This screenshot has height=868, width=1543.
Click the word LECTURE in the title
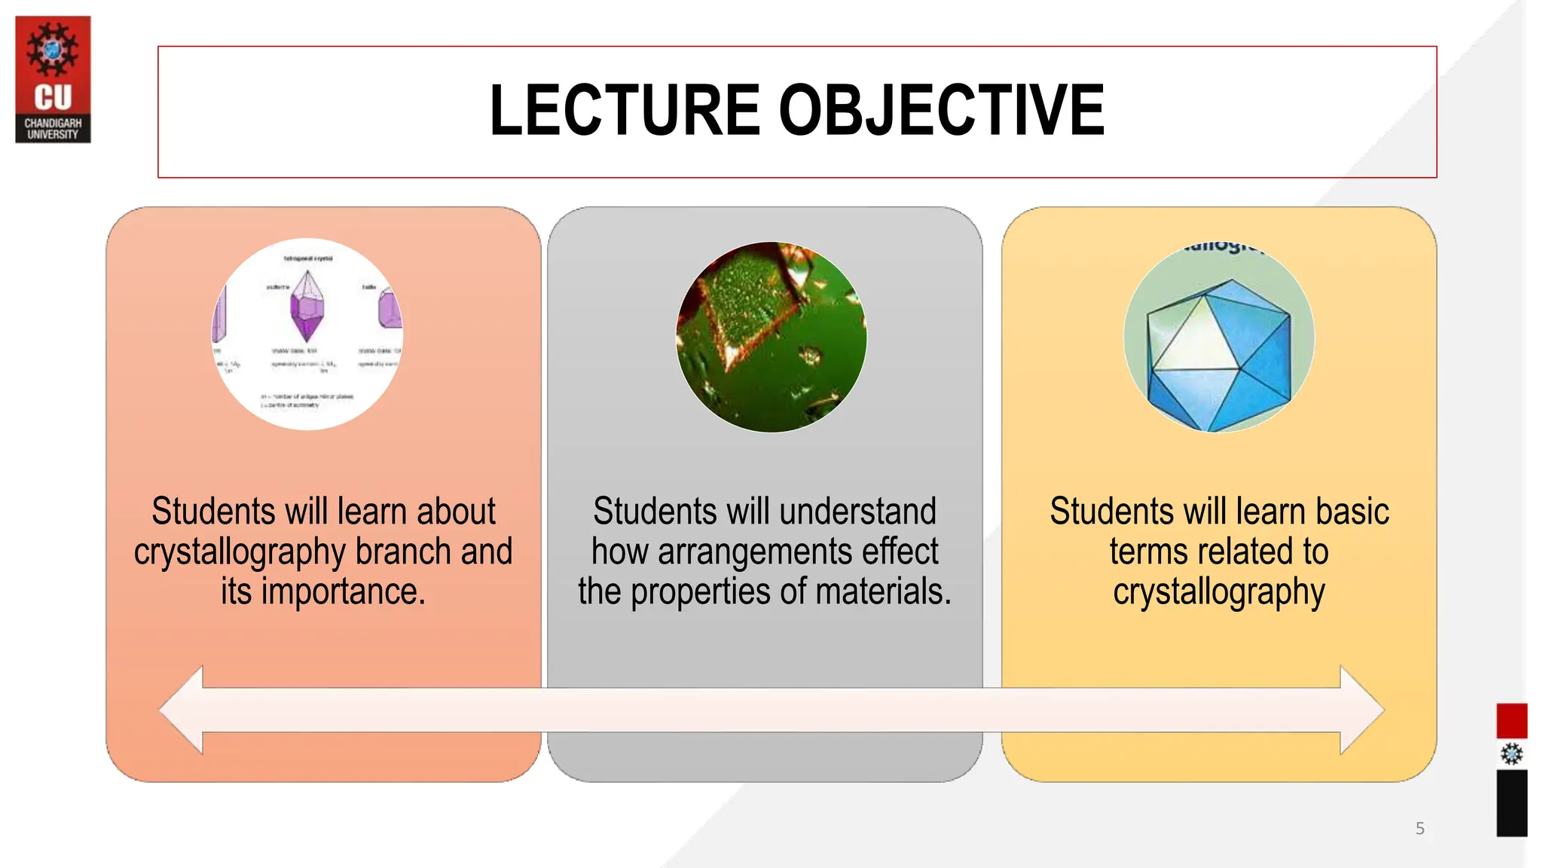coord(625,111)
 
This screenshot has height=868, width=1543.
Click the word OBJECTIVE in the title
coord(941,111)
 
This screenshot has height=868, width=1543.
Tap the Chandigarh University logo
coord(53,80)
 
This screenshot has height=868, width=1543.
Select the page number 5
coord(1419,829)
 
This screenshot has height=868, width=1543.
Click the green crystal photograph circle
coord(771,337)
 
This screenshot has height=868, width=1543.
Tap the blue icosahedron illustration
coord(1218,347)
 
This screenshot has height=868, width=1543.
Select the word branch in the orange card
coord(403,552)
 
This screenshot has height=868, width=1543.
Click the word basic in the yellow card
coord(1352,512)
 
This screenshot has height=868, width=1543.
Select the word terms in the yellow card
coord(1150,552)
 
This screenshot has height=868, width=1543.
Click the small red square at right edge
coord(1511,720)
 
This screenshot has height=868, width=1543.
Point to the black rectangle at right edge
coord(1511,803)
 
